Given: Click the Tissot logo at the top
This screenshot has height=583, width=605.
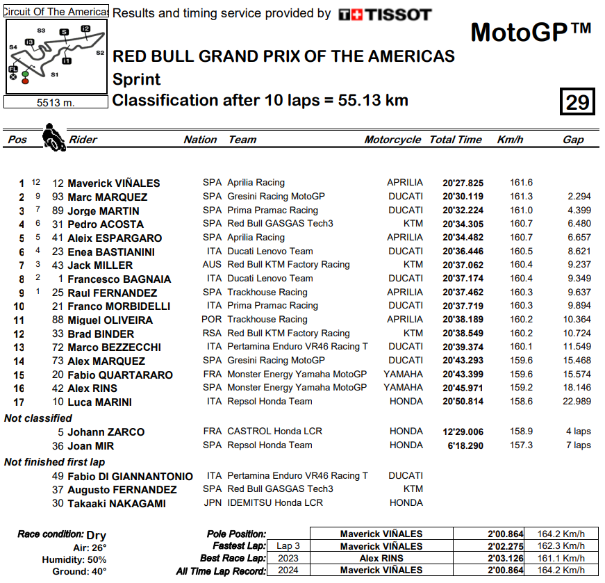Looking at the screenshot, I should [385, 15].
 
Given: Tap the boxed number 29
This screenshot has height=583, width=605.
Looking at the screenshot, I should [577, 102].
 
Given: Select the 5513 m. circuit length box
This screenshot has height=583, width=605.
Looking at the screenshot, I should [56, 103].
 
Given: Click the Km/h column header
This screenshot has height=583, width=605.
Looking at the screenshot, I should [510, 140].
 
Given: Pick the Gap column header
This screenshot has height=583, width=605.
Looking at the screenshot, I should [573, 140].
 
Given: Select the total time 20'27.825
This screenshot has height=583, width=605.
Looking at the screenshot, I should [463, 183].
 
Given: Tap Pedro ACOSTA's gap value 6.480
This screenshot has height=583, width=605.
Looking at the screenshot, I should [579, 224].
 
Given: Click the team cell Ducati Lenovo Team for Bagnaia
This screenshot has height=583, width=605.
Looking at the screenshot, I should [270, 279].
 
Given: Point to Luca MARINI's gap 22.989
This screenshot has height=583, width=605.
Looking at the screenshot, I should [577, 402].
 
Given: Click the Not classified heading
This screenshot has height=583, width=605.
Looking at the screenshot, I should [38, 418].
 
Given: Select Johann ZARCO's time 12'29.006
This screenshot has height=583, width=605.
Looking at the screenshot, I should [463, 432].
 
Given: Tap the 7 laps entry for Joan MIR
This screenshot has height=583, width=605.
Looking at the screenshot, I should [578, 445].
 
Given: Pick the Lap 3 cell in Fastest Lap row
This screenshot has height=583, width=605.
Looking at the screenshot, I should [288, 546].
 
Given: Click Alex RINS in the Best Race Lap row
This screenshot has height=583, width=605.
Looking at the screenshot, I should [381, 559].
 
